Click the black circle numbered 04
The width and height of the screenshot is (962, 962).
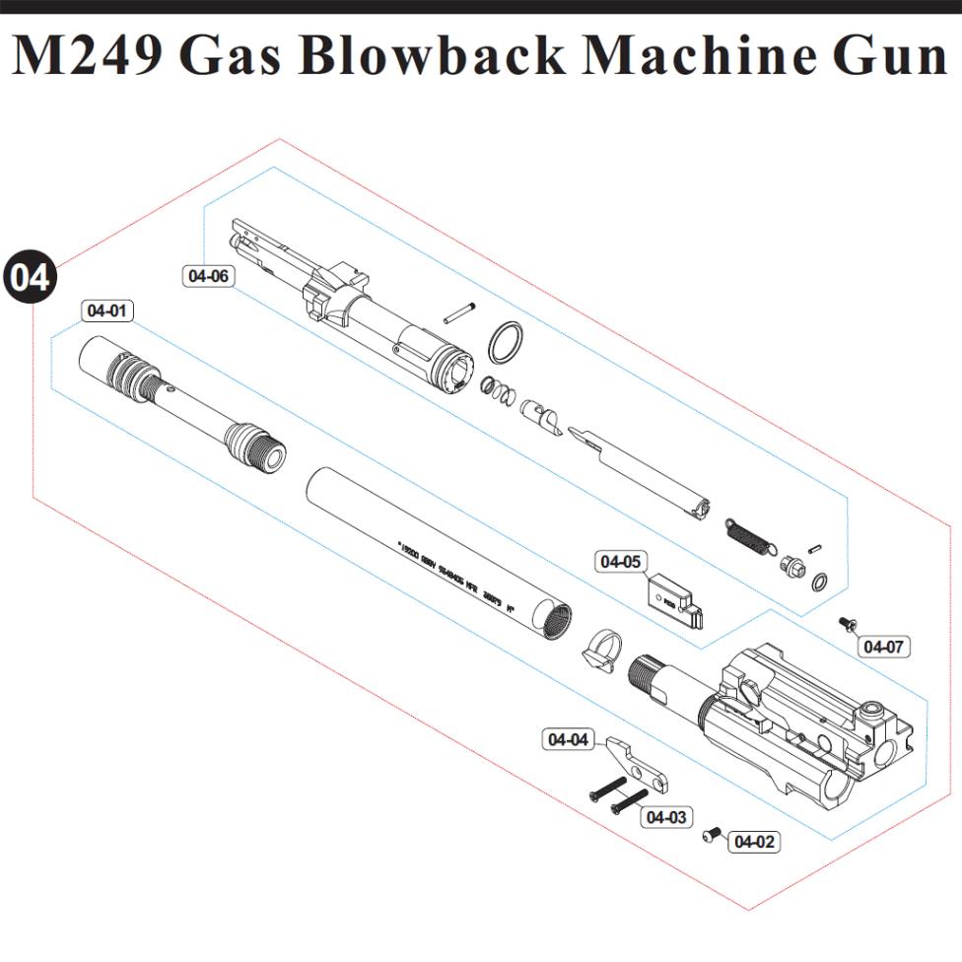[x=31, y=277]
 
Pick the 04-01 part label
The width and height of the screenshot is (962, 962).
[x=107, y=310]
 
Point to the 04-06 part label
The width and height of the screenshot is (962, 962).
[x=208, y=276]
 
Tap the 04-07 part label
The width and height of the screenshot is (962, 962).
[x=882, y=647]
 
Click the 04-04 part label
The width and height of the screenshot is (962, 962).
[x=569, y=739]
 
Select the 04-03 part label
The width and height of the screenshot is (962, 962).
[x=666, y=816]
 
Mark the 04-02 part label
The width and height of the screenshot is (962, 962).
[x=754, y=842]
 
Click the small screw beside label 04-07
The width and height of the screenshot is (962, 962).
[x=846, y=623]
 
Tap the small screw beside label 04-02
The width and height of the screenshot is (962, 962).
[x=710, y=836]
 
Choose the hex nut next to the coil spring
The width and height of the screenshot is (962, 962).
[x=790, y=567]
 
